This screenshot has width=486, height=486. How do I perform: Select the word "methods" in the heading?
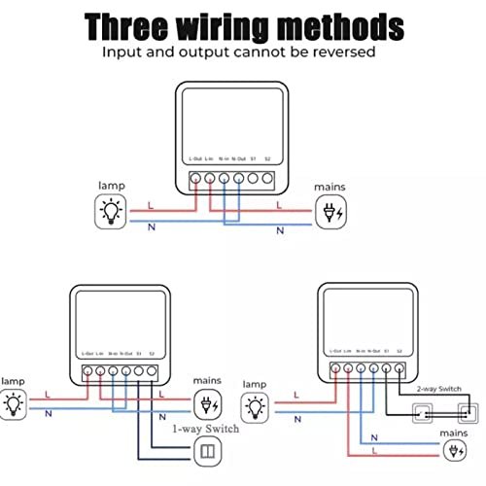tap(330, 24)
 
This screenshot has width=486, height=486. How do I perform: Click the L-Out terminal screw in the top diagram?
tap(195, 178)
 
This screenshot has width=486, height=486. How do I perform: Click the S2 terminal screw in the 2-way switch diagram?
tap(399, 370)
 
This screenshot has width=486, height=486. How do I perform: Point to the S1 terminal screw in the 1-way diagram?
tap(139, 370)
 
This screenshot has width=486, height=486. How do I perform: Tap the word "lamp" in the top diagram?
tap(112, 184)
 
